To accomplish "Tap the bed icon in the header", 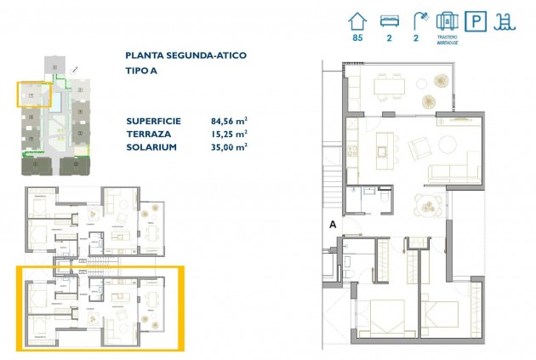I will coord(387,21).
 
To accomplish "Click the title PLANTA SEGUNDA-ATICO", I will coord(185,55).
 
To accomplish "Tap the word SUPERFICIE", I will coord(158,120).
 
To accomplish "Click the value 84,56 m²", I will coord(229,120).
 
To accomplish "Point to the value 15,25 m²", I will coord(229,134).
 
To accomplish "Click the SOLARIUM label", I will coord(151,147).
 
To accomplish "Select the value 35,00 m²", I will coord(229,147).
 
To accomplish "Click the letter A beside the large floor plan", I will coord(333,225).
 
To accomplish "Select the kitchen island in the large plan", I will coord(384,150).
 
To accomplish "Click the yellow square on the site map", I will coord(34,93).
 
